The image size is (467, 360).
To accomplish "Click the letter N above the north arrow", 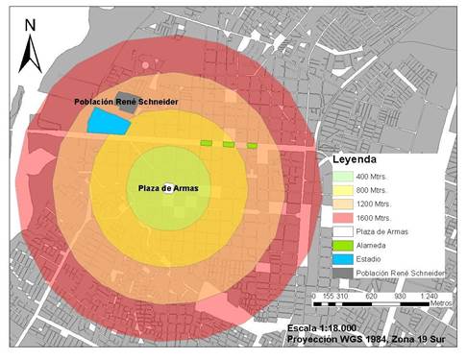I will [30, 22].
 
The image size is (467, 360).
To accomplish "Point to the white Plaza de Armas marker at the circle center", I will [167, 188].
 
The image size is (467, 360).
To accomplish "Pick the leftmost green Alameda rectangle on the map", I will [206, 144].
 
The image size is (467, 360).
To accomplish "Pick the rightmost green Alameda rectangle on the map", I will [252, 146].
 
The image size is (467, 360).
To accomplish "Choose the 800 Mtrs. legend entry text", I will [377, 191].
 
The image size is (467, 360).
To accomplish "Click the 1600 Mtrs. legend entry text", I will [378, 218].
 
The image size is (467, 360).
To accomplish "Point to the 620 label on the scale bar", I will [370, 297].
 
